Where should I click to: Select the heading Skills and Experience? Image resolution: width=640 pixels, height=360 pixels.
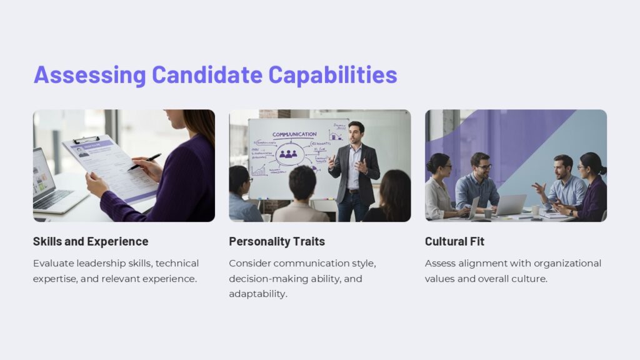click(91, 241)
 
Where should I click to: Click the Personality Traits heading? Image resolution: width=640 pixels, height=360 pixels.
click(277, 241)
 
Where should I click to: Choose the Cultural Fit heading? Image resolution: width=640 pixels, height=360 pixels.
click(454, 241)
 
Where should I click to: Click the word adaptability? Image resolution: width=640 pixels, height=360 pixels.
click(258, 294)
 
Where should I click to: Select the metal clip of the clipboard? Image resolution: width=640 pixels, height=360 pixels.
click(86, 140)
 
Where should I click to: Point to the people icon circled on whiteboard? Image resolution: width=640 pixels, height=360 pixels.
click(288, 153)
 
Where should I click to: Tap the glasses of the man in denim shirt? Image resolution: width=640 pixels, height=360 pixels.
click(482, 167)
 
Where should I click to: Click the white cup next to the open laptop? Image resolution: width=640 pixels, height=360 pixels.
click(535, 211)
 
